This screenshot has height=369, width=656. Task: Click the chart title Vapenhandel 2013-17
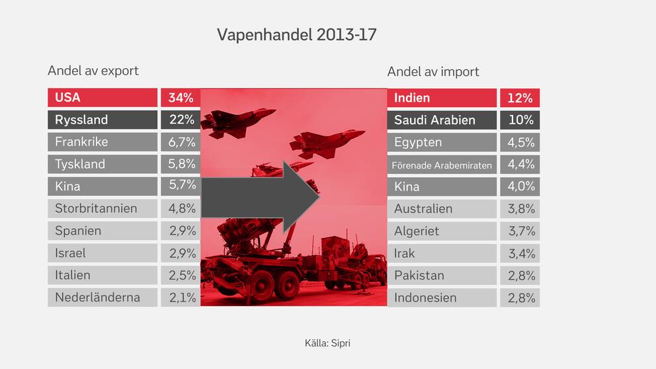point(297,35)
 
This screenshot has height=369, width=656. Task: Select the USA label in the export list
point(67,97)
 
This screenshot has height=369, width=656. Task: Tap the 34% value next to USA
point(181,98)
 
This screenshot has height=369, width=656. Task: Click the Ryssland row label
point(81,120)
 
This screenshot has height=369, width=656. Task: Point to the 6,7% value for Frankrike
point(182,142)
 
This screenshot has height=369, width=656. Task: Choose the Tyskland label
point(80,164)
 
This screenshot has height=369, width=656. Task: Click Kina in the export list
point(67,186)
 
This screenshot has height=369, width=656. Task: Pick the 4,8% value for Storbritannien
point(182,208)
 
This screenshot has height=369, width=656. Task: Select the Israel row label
point(70,253)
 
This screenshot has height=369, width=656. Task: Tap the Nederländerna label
point(97,297)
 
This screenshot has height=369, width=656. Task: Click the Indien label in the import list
point(412,98)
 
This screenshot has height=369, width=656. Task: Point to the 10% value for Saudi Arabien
point(521,120)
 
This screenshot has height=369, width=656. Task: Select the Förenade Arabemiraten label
point(442,165)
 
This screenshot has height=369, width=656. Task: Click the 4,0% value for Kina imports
point(521,186)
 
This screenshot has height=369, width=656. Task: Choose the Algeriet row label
point(416,231)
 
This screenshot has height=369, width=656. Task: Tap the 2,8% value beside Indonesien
point(521,298)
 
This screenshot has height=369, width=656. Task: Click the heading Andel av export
point(93,71)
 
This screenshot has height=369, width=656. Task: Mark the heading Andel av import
point(433,71)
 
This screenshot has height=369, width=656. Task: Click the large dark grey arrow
point(261,196)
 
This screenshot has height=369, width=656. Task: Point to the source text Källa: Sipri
point(327,343)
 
